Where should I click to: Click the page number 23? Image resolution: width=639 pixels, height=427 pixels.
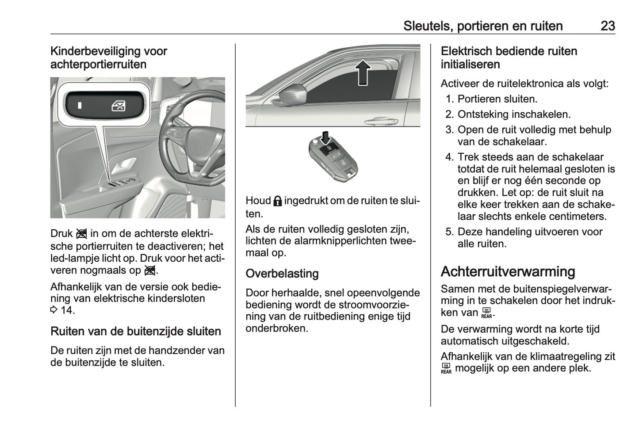point(608,26)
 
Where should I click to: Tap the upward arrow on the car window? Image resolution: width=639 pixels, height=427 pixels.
point(363,72)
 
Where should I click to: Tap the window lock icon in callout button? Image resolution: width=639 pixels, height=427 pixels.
point(118,106)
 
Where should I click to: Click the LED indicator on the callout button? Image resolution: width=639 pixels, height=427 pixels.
point(80,106)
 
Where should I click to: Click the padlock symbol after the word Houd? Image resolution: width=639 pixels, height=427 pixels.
point(277,201)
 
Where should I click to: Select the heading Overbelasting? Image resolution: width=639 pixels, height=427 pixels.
point(282,274)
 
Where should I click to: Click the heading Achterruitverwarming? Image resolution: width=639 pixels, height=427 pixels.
point(508,271)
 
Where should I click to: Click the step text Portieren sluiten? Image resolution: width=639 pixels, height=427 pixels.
point(497,99)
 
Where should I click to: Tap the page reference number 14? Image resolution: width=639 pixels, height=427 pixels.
point(66,310)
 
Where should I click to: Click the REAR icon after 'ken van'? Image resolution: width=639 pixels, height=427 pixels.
point(486,313)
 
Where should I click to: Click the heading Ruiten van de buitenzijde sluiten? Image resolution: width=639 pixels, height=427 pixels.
point(135,332)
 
